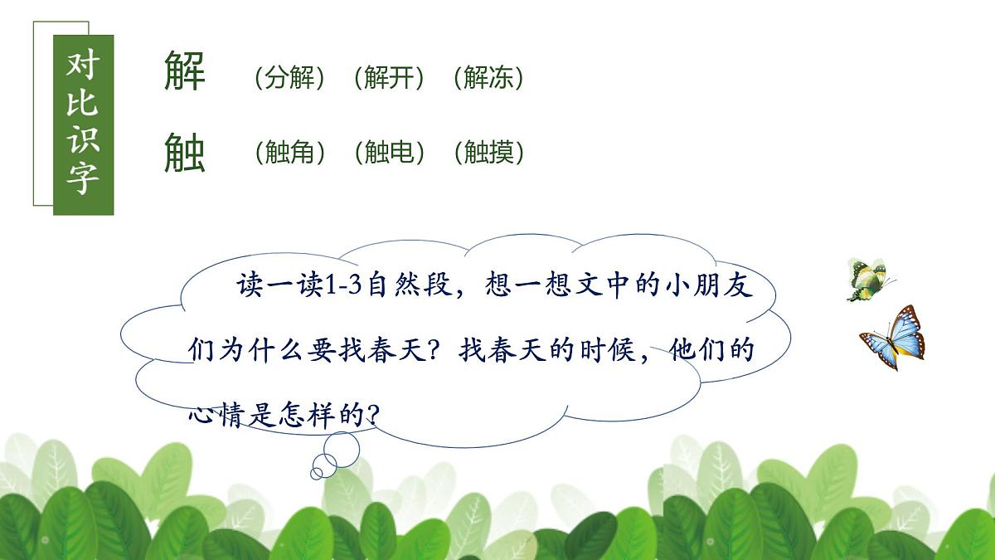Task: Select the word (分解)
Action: click(289, 78)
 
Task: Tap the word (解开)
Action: click(388, 78)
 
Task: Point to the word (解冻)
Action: click(488, 78)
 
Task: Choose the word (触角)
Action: click(289, 153)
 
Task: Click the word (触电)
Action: click(388, 153)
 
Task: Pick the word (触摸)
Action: click(488, 153)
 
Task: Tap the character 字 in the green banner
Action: click(83, 178)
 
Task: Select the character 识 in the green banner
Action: click(83, 139)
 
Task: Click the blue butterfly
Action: click(893, 338)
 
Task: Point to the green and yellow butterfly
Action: click(867, 280)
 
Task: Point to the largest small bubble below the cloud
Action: click(341, 448)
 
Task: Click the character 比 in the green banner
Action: click(83, 102)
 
